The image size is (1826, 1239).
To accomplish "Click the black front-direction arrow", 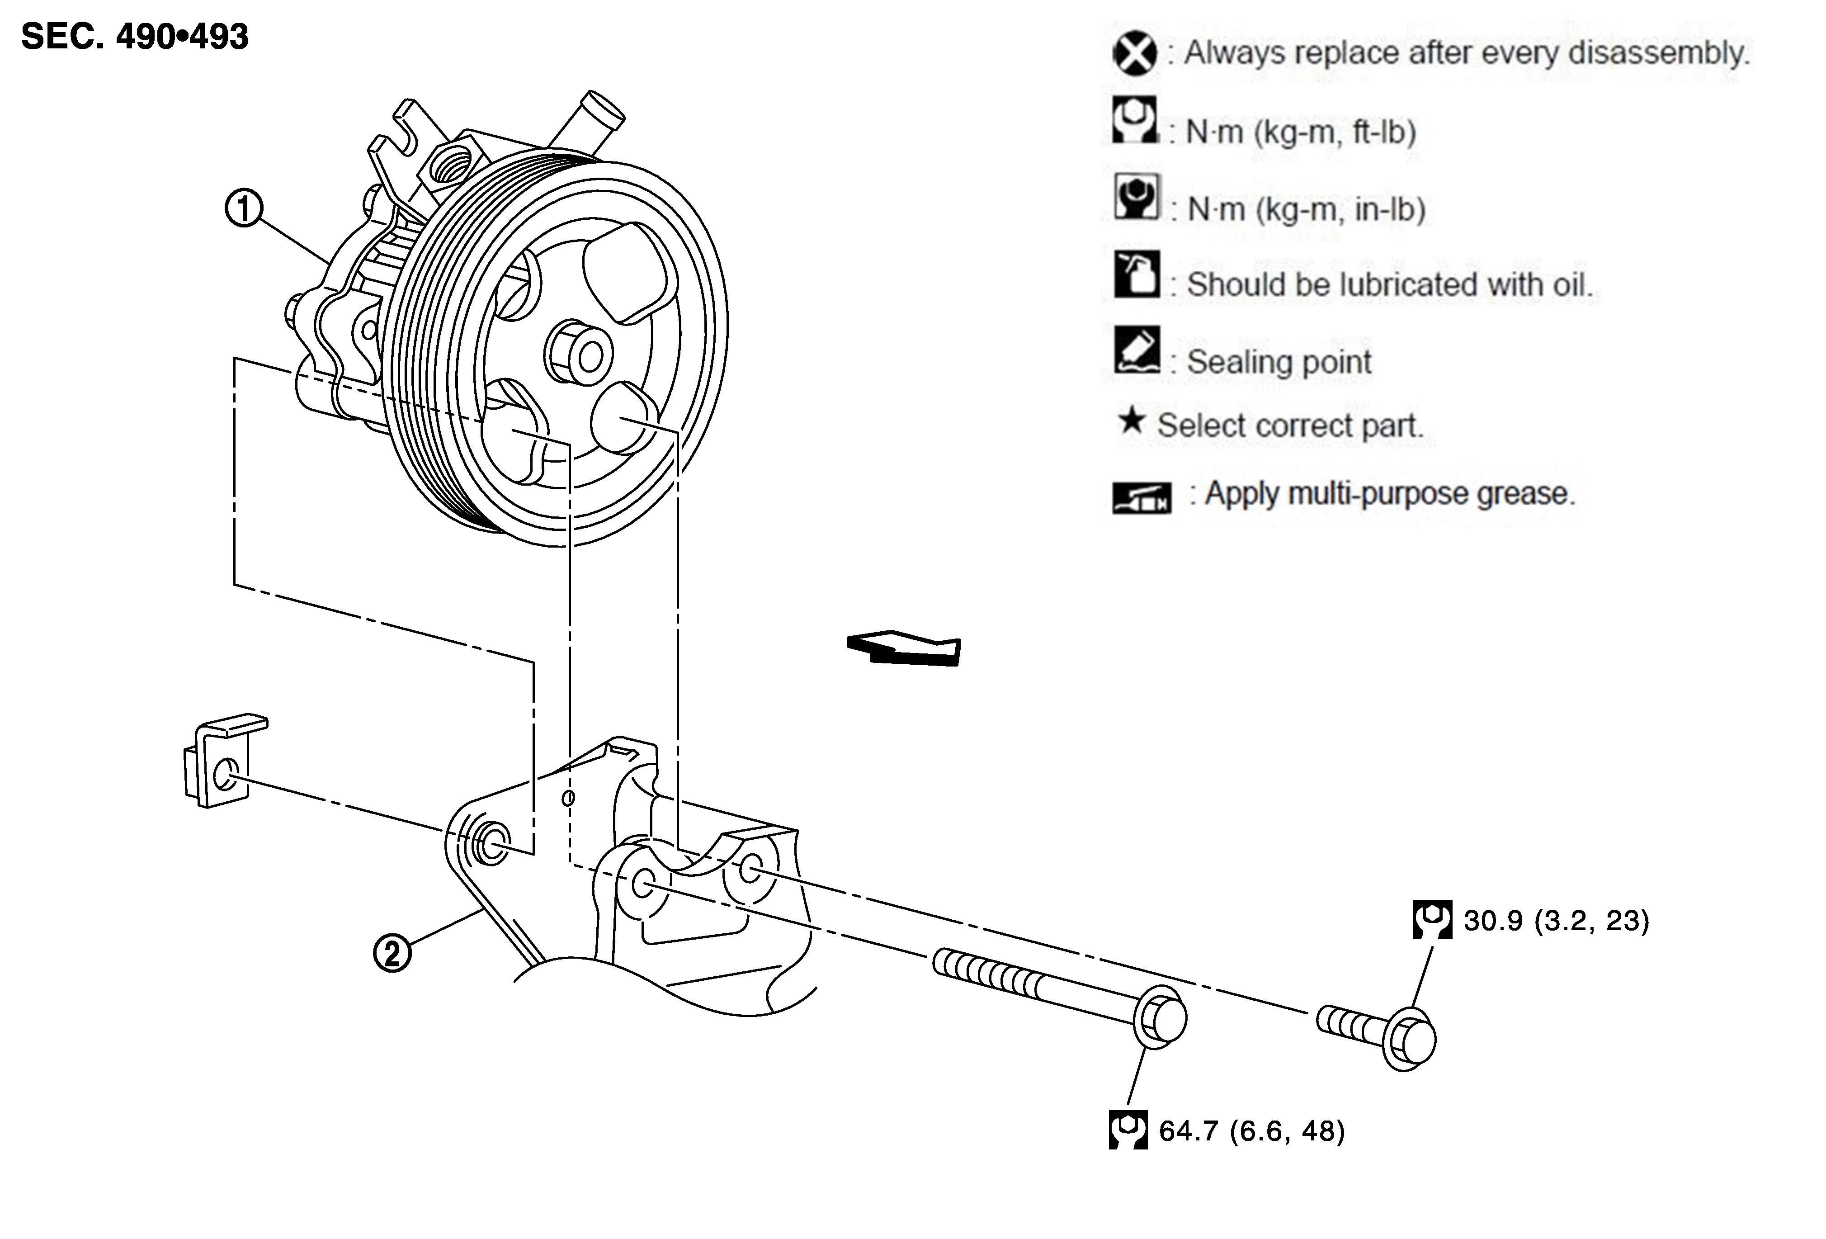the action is tap(904, 648).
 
